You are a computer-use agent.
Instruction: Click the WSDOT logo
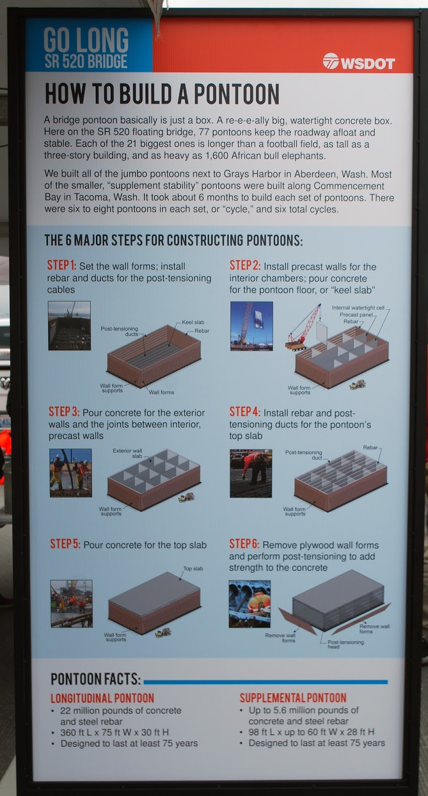(x=359, y=62)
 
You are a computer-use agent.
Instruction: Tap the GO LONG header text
(x=86, y=40)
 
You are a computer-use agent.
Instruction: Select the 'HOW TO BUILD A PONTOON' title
(x=162, y=94)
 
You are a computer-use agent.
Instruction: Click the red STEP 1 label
(x=62, y=266)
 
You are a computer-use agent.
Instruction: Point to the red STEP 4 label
(x=245, y=412)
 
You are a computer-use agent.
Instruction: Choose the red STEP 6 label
(x=244, y=544)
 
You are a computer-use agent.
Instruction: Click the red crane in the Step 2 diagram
(x=303, y=328)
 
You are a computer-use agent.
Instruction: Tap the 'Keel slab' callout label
(x=193, y=322)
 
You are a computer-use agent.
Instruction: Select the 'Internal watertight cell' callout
(x=358, y=308)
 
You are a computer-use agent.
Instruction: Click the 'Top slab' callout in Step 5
(x=193, y=569)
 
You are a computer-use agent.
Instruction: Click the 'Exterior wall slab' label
(x=128, y=453)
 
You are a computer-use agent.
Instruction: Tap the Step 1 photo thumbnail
(x=69, y=325)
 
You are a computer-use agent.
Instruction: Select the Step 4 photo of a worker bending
(x=251, y=473)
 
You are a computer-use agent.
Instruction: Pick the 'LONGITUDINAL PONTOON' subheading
(x=102, y=698)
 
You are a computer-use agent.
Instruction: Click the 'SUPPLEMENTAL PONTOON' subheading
(x=293, y=697)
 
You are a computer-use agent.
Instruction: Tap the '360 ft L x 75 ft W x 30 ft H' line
(x=114, y=732)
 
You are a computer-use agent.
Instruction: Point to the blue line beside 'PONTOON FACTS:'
(x=265, y=682)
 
